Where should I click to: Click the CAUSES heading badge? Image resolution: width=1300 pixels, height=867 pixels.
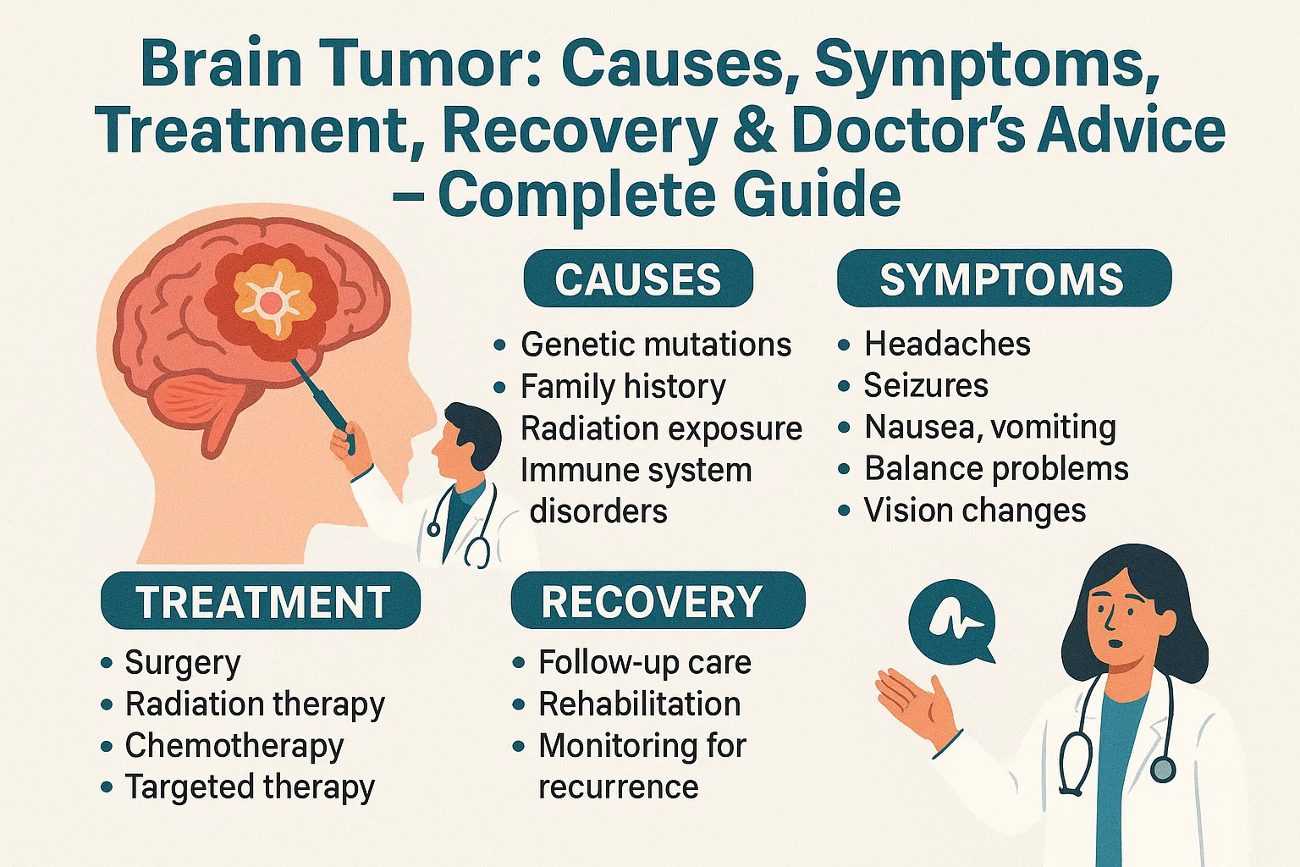pos(638,279)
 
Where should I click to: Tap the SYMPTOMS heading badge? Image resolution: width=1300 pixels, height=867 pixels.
pos(1004,279)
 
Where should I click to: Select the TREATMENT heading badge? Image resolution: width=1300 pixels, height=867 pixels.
pos(261,601)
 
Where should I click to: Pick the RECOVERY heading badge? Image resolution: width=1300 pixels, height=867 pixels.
pos(658,601)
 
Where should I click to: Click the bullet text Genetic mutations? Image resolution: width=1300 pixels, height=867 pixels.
pos(656,345)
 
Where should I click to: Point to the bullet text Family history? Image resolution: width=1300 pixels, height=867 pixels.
pos(623,386)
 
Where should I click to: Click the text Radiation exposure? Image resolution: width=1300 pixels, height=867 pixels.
pos(661,428)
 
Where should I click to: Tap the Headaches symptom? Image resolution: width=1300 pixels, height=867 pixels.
pos(947,344)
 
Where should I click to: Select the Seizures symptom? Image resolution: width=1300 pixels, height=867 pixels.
pos(926,385)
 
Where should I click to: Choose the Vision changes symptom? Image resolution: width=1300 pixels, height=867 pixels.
pos(974,511)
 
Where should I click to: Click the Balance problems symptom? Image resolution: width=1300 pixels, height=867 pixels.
pos(996,468)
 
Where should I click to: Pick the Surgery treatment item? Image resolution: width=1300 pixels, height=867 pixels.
pos(183,662)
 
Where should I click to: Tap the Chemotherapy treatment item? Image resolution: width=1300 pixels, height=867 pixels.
pos(234,745)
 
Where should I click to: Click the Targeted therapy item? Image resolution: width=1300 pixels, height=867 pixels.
pos(250,787)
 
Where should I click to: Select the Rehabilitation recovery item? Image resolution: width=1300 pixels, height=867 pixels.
pos(640,704)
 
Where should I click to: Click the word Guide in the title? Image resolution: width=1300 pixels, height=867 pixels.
pos(817,195)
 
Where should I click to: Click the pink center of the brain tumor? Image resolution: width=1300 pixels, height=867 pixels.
pos(271,301)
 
